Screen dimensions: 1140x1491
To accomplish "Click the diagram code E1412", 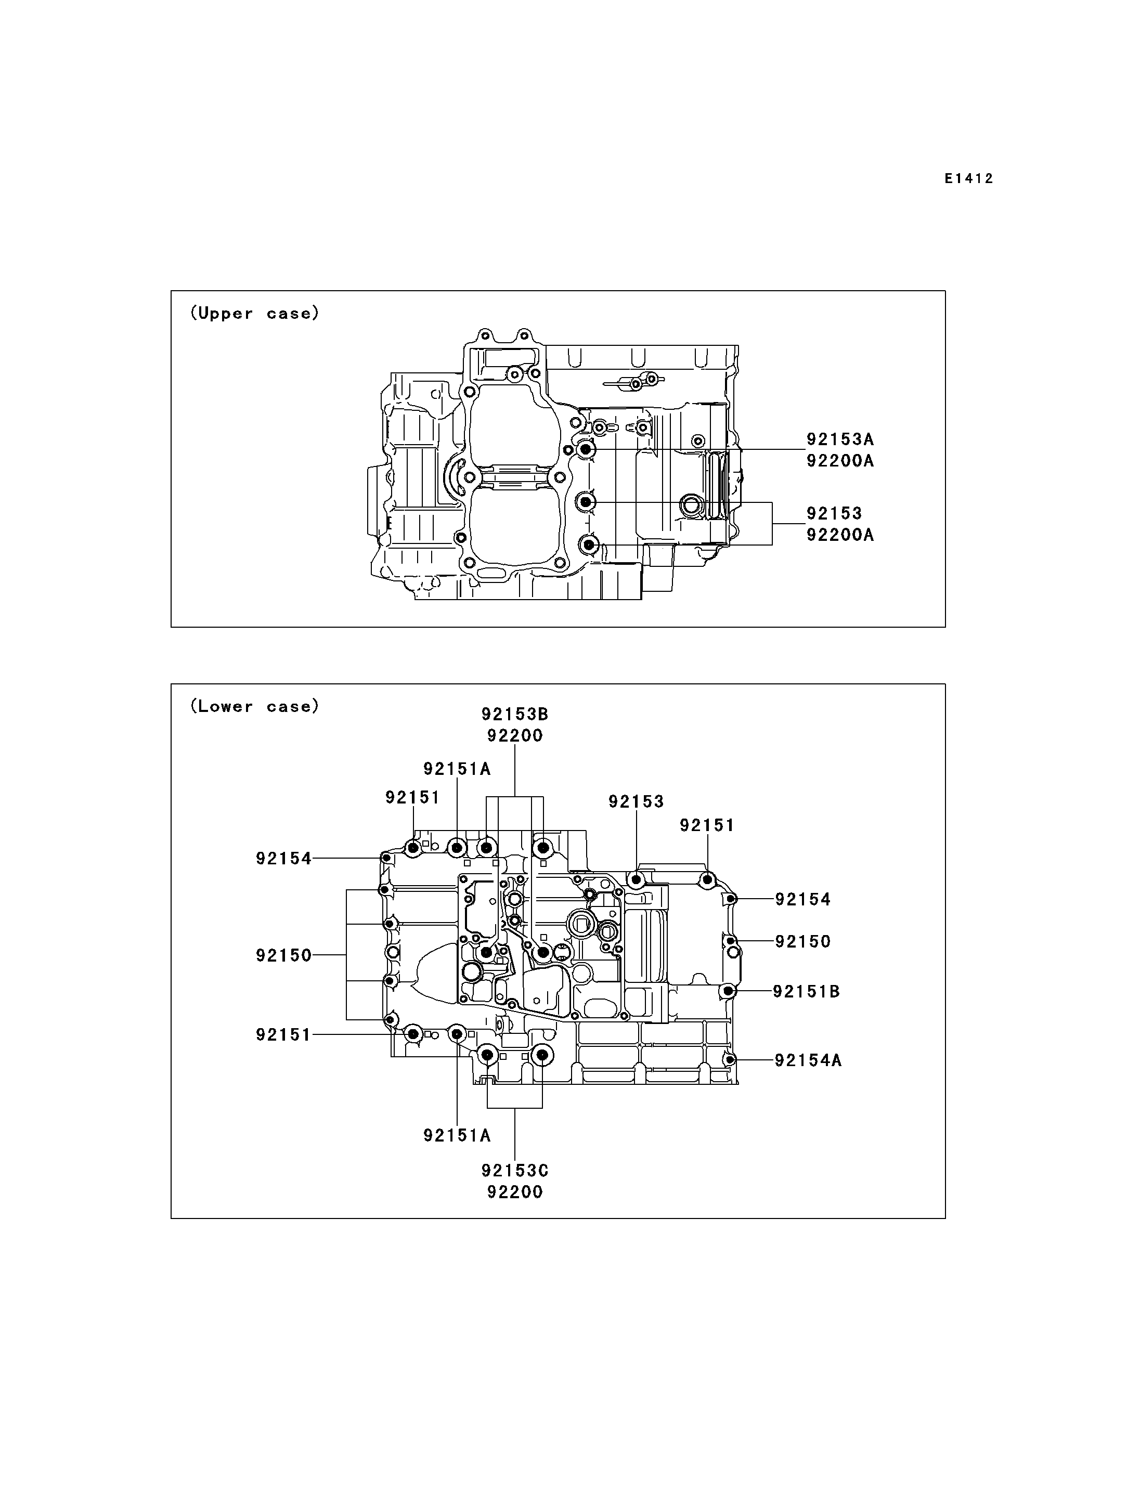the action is pyautogui.click(x=969, y=178).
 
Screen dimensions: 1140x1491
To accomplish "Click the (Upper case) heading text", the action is pyautogui.click(x=254, y=313).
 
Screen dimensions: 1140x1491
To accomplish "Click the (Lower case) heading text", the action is pyautogui.click(x=254, y=706).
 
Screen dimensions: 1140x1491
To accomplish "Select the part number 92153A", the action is pyautogui.click(x=840, y=439).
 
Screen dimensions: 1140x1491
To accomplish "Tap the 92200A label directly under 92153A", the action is pyautogui.click(x=840, y=461).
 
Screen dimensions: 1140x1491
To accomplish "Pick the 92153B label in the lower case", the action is pyautogui.click(x=515, y=714).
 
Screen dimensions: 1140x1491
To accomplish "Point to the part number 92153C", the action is pyautogui.click(x=515, y=1171).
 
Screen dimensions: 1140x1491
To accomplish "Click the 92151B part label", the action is pyautogui.click(x=807, y=992).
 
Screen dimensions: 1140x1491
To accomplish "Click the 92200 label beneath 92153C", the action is pyautogui.click(x=515, y=1192).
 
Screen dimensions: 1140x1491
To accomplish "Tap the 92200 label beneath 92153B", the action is pyautogui.click(x=515, y=736).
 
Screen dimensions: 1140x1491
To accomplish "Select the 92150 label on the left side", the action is pyautogui.click(x=283, y=955).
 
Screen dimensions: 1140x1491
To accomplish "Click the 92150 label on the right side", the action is pyautogui.click(x=803, y=941).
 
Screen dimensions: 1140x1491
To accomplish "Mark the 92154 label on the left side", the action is pyautogui.click(x=283, y=859).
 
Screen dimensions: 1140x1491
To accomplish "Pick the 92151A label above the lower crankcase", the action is pyautogui.click(x=457, y=769).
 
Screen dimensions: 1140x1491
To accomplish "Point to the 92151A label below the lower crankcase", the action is pyautogui.click(x=457, y=1135).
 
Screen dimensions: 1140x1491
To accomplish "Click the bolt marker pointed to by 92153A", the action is pyautogui.click(x=587, y=449).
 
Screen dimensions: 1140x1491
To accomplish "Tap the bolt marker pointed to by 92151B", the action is pyautogui.click(x=728, y=992).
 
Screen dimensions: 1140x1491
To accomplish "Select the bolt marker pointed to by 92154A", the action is pyautogui.click(x=730, y=1060).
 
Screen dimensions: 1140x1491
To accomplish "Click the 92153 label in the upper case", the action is pyautogui.click(x=834, y=513).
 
